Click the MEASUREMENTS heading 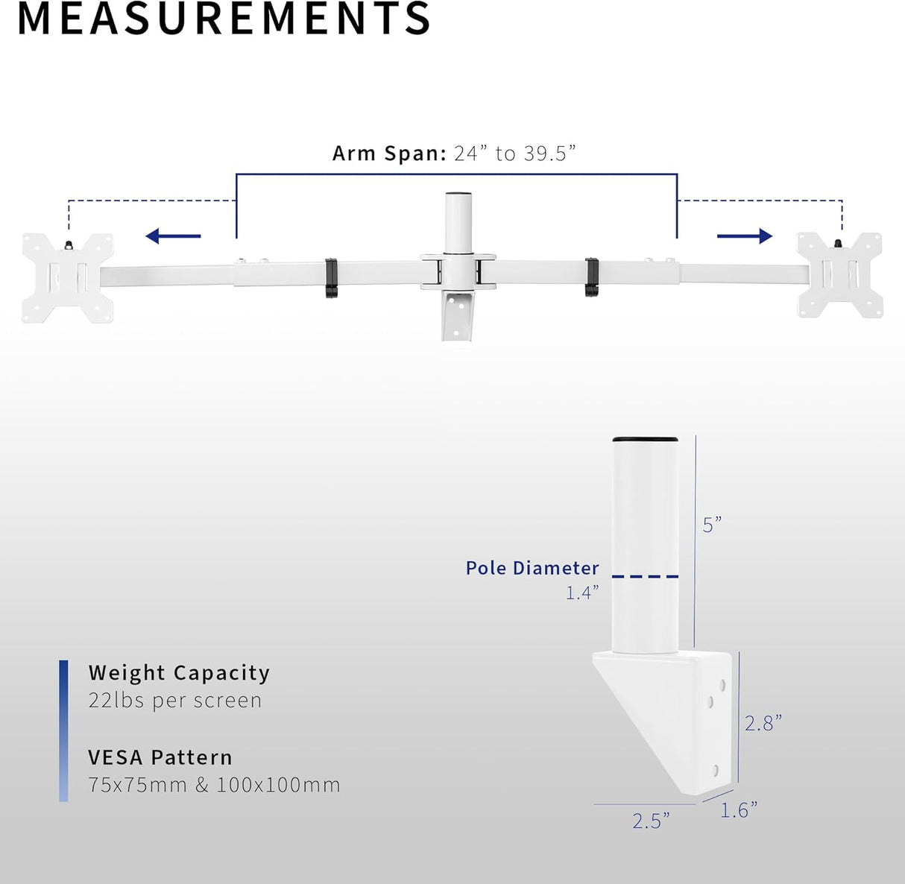click(x=224, y=18)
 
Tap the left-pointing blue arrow click(x=173, y=236)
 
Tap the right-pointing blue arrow click(x=744, y=236)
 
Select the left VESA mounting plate click(x=67, y=278)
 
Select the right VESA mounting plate click(x=839, y=274)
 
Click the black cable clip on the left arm click(x=331, y=278)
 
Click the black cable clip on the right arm click(x=592, y=277)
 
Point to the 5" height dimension click(x=712, y=525)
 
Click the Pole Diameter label click(x=532, y=568)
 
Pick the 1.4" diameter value click(x=582, y=593)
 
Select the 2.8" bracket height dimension click(x=763, y=723)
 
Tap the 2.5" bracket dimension click(x=651, y=821)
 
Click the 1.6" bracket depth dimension click(x=739, y=810)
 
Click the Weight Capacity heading click(x=179, y=673)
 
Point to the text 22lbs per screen click(x=175, y=701)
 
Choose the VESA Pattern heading click(x=160, y=757)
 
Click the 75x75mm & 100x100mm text click(x=214, y=785)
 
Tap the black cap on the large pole click(x=646, y=440)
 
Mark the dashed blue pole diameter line click(x=646, y=576)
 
